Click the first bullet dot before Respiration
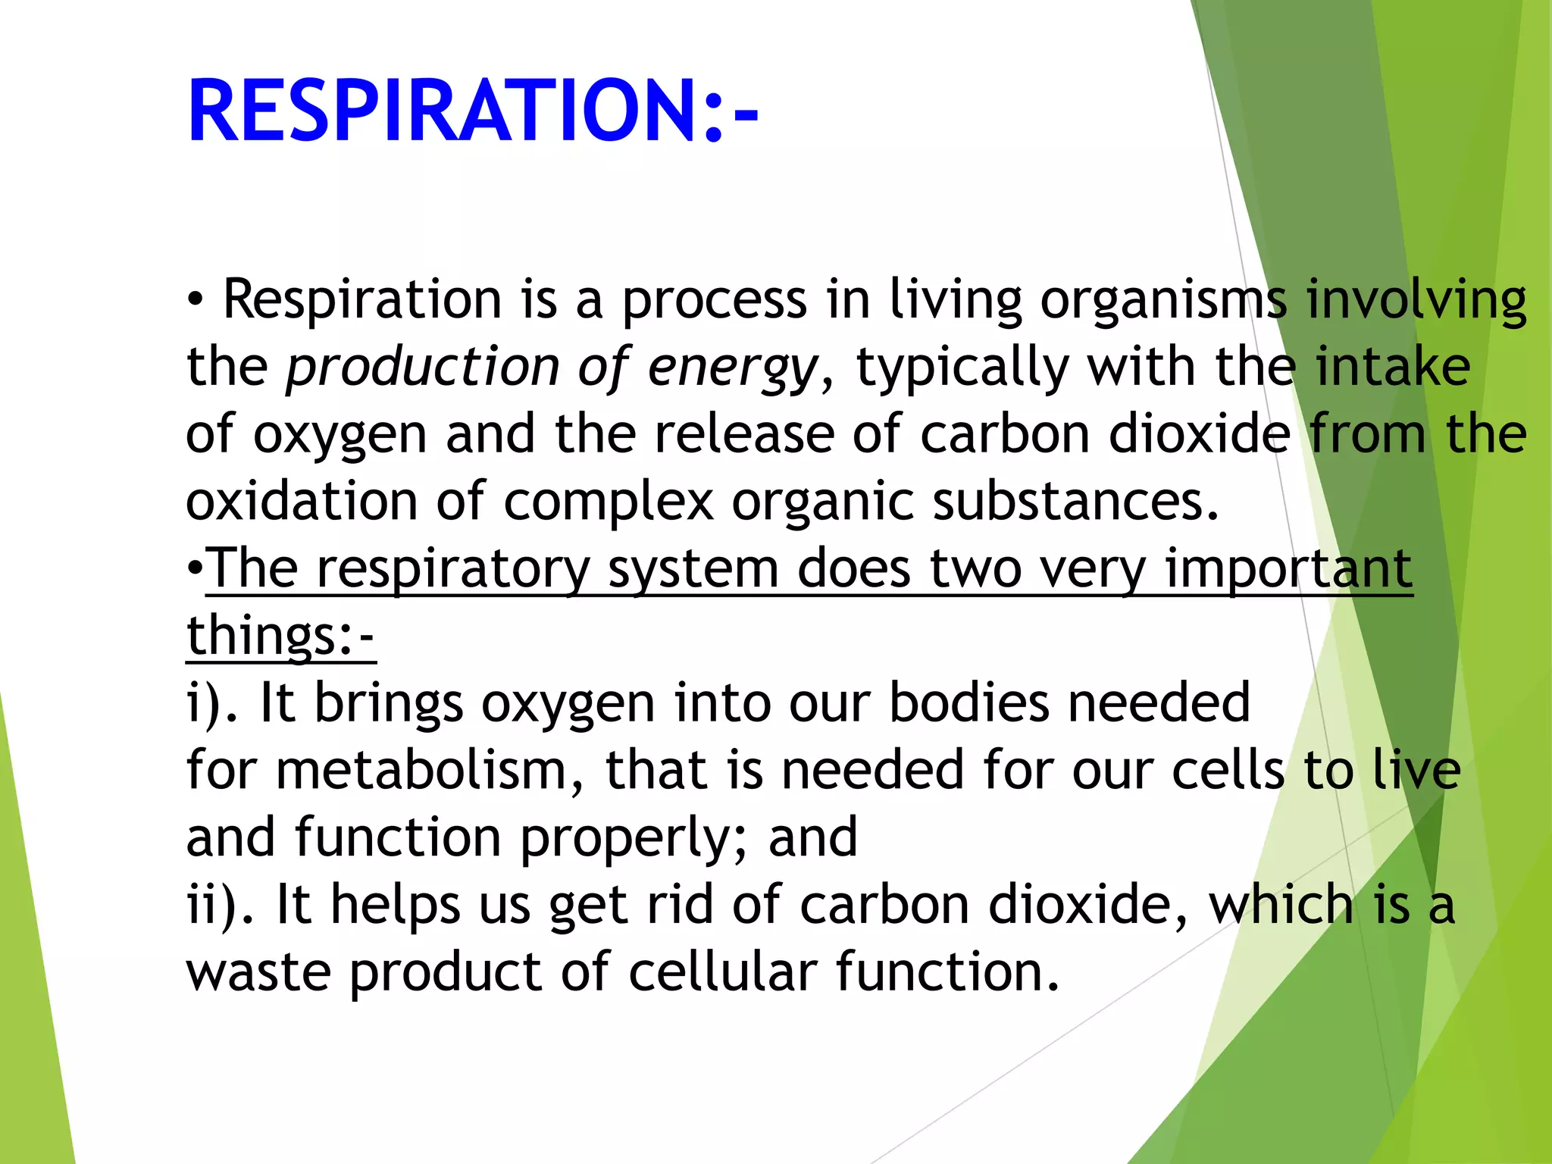[x=196, y=300]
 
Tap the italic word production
[x=423, y=368]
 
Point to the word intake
[x=1392, y=368]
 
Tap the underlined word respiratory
[x=452, y=570]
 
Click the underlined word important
[x=1288, y=570]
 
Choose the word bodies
[x=969, y=702]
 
